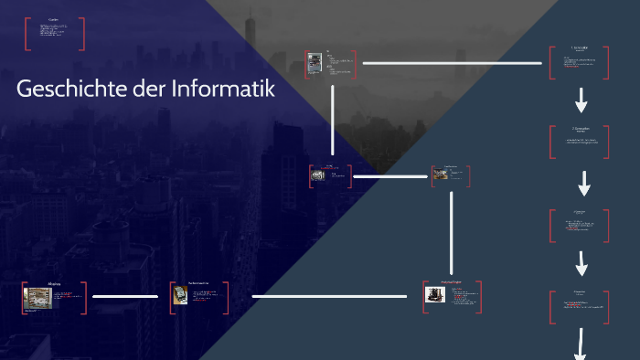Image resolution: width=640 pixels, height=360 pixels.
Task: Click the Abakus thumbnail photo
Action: [37, 297]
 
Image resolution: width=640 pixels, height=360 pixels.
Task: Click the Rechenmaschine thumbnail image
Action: [180, 295]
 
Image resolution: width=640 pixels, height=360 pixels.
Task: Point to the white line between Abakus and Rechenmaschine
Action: [126, 296]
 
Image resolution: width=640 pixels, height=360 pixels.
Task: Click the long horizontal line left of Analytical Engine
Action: [329, 296]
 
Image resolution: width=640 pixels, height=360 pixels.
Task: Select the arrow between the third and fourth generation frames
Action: [581, 263]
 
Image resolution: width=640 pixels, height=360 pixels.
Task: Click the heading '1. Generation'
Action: [580, 47]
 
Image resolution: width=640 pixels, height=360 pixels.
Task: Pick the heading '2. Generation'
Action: [580, 128]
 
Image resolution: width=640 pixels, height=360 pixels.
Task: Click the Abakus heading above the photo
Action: [54, 284]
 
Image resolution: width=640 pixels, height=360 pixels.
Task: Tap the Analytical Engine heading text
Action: [452, 283]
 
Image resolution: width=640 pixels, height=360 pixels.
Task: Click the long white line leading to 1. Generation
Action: [453, 63]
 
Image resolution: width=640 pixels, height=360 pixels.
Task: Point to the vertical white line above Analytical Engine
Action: [452, 231]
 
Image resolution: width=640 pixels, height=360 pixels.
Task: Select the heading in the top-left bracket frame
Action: [54, 19]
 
